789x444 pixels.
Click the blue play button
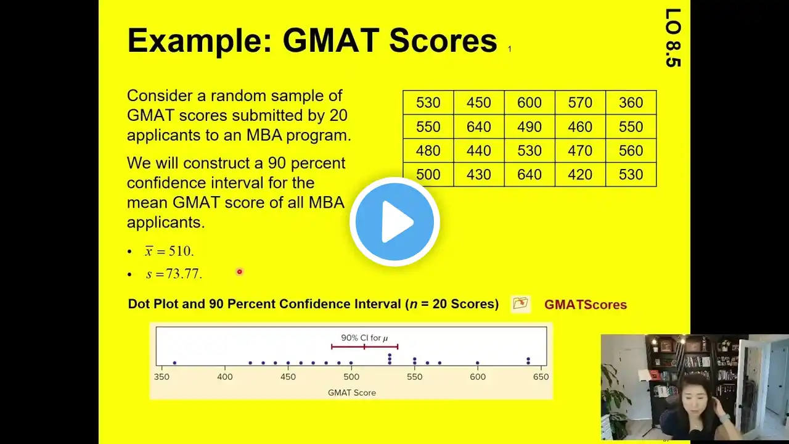pos(394,221)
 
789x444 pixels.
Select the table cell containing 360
pos(631,102)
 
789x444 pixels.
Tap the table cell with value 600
pos(529,102)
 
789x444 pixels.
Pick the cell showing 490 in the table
pos(529,126)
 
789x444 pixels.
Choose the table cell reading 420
pos(580,175)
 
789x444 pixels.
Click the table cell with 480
pos(428,150)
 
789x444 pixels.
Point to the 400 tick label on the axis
pos(225,377)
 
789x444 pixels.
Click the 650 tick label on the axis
pos(541,377)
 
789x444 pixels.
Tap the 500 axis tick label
pos(351,377)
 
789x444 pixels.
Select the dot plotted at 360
pos(174,363)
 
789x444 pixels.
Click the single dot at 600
pos(477,363)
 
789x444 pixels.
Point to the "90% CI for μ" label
pos(364,338)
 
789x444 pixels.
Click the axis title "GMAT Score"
pos(351,393)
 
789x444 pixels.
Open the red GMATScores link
pos(586,305)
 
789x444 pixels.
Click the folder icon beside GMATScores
pos(521,303)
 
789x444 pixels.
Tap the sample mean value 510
pos(181,251)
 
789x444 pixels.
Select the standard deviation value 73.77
pos(184,274)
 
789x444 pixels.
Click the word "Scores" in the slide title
pos(443,41)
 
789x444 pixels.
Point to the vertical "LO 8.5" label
pos(672,38)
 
